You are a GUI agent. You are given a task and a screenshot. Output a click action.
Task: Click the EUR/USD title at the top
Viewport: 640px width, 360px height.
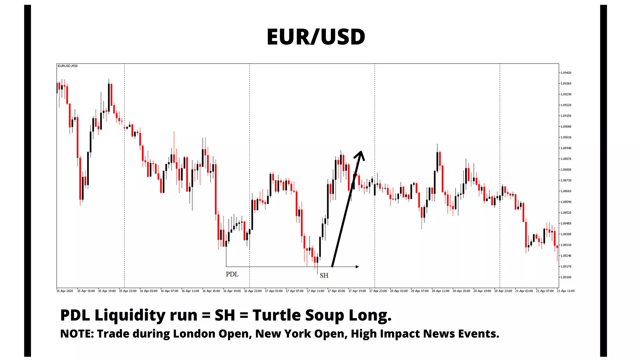coord(316,37)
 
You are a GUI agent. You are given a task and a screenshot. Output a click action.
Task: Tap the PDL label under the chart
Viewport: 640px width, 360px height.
coord(232,274)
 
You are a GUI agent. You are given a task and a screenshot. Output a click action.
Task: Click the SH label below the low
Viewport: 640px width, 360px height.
coord(324,275)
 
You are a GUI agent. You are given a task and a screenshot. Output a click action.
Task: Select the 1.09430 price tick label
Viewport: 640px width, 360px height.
coord(566,73)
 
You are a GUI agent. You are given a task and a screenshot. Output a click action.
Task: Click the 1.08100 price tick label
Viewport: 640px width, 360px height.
coord(566,277)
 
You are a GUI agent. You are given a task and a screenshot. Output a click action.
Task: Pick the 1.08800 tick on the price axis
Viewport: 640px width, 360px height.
coord(566,170)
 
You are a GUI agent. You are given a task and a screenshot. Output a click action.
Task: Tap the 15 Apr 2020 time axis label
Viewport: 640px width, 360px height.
coord(65,291)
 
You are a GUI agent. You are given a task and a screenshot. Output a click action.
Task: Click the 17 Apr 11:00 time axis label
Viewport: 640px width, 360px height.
coord(315,291)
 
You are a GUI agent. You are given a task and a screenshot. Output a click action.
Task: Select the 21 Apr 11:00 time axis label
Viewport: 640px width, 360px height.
coord(566,291)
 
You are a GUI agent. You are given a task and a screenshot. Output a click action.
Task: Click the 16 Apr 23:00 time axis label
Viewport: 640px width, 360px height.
coord(253,291)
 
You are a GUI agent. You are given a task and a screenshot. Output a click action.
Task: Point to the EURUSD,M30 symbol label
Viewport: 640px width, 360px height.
coord(67,66)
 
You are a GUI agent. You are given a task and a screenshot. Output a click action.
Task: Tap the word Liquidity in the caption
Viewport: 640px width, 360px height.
coord(130,315)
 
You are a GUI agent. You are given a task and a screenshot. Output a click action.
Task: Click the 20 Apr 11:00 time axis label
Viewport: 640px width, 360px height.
coord(440,291)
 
